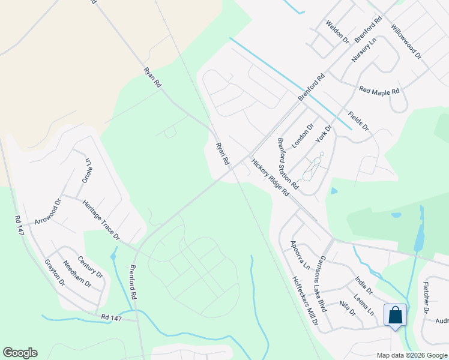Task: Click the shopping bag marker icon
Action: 396,316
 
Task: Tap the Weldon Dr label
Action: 337,32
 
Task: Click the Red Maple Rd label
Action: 379,91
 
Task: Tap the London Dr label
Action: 303,136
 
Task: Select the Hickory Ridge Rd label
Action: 270,177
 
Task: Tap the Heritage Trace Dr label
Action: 101,220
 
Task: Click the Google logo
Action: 20,353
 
